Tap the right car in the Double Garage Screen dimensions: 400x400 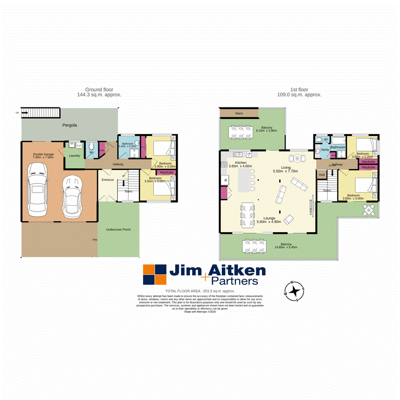[x=71, y=196]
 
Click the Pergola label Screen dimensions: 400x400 [x=69, y=125]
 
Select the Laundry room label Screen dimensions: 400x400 [x=74, y=156]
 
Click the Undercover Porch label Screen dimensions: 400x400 [x=118, y=230]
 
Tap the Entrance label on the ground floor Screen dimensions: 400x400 [x=108, y=180]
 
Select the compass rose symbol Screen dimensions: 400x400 [x=294, y=291]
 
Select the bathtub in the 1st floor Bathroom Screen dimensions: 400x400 [x=337, y=139]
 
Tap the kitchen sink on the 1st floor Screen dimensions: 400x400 [x=238, y=154]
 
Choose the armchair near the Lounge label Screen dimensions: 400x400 [x=288, y=218]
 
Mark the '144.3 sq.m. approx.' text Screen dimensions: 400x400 [x=100, y=95]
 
